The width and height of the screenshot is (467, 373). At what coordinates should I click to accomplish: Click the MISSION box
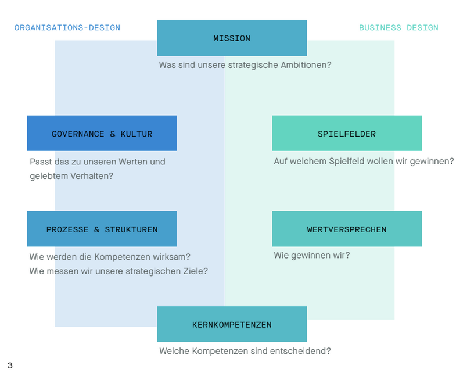232,38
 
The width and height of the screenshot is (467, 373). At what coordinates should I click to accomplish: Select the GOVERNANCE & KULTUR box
102,133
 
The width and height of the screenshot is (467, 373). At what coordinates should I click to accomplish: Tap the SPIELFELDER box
347,133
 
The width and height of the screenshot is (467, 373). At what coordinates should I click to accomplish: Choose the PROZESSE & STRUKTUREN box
102,229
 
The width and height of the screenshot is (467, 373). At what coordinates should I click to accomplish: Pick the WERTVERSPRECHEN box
347,229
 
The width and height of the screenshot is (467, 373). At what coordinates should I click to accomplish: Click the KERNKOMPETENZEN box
232,324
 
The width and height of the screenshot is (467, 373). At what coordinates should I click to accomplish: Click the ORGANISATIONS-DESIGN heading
67,28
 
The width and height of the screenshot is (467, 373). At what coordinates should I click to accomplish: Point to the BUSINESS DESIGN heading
398,28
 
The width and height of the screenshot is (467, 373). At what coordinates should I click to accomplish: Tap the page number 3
10,365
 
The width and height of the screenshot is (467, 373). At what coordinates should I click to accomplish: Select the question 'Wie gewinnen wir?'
312,256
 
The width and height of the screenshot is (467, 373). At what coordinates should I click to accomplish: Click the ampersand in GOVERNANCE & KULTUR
112,134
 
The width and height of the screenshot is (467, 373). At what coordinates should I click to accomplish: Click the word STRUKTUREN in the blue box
131,229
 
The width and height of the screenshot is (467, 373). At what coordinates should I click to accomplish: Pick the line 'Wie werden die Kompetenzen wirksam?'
110,257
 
